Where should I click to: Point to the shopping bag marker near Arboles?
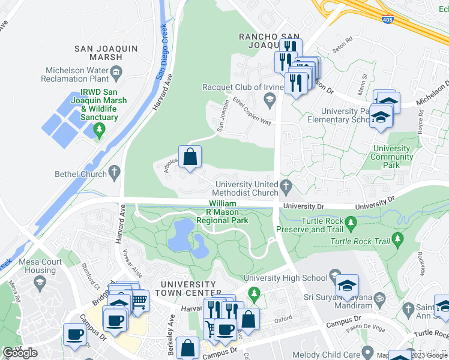(190, 158)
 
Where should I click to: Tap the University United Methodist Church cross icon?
(286, 188)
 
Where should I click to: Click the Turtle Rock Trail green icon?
(397, 241)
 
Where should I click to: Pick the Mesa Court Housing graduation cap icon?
(40, 282)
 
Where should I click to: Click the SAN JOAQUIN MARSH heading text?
(98, 53)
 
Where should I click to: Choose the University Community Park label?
(393, 157)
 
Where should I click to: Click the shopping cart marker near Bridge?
(139, 300)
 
